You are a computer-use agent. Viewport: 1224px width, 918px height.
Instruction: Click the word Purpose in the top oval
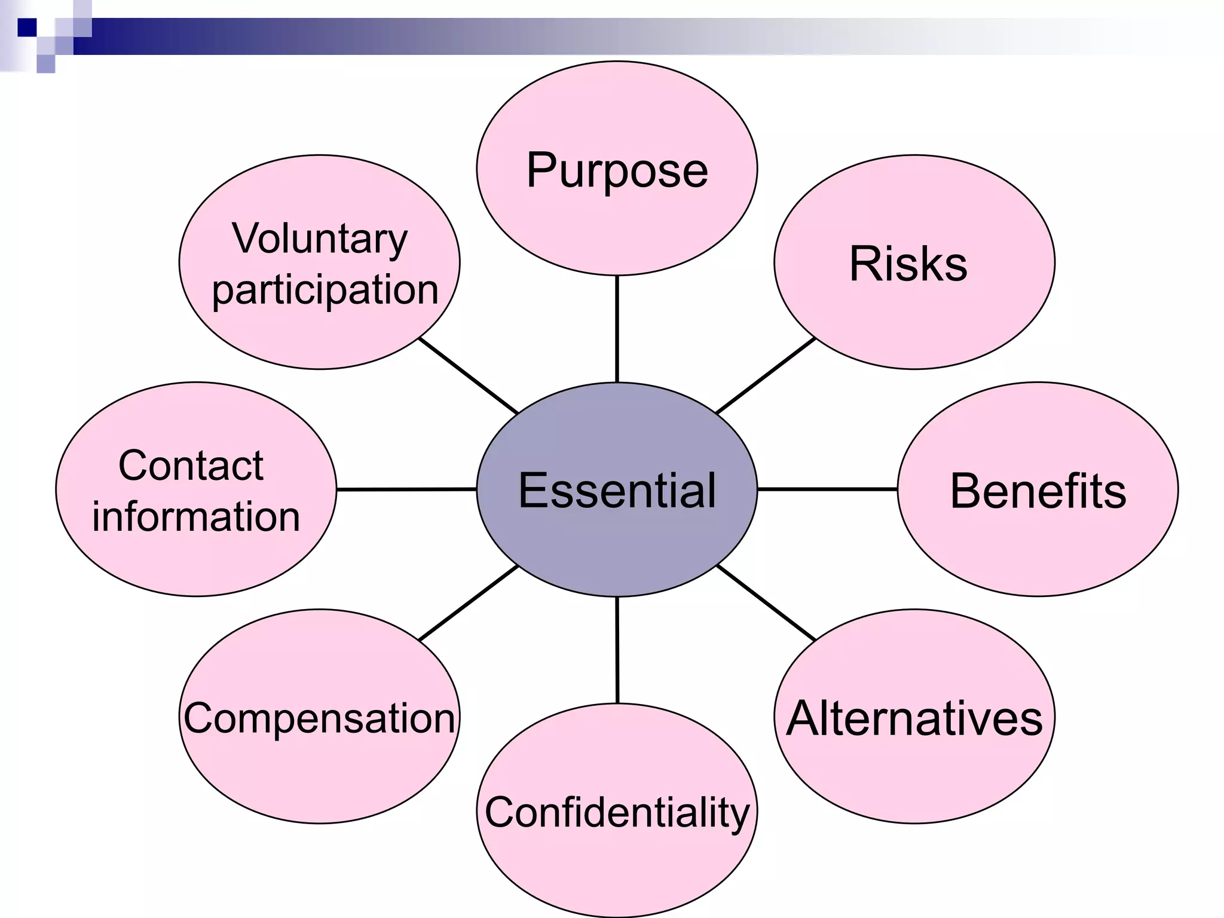[x=617, y=171]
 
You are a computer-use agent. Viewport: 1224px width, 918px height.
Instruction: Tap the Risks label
[x=908, y=264]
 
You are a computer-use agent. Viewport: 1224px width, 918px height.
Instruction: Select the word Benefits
[x=1038, y=491]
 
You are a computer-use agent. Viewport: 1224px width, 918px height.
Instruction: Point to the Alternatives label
[x=914, y=718]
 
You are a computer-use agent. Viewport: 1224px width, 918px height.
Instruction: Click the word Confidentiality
[x=617, y=812]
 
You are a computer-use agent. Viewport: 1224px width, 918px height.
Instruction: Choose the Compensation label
[x=319, y=718]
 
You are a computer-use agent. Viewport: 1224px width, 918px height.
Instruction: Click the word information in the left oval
[x=196, y=516]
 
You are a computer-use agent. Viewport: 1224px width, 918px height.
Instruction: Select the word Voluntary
[x=319, y=238]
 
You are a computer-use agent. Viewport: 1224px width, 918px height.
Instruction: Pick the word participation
[x=325, y=290]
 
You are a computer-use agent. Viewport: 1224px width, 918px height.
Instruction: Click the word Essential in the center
[x=617, y=490]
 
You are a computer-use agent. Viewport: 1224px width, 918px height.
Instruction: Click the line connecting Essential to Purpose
[x=617, y=329]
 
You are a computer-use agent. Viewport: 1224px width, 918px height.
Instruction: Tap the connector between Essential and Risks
[x=766, y=375]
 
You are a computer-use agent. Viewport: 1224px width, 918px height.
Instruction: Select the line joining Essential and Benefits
[x=827, y=489]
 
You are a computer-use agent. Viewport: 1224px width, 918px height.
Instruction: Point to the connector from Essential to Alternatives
[x=766, y=602]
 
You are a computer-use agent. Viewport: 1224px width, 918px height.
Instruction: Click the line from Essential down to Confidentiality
[x=617, y=650]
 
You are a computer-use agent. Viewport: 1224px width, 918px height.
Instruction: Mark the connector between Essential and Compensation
[x=469, y=602]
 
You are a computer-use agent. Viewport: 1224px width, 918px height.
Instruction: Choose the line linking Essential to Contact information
[x=406, y=489]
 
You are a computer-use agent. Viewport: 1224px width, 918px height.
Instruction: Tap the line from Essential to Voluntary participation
[x=469, y=375]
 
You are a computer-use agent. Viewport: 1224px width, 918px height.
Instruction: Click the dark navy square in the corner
[x=27, y=27]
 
